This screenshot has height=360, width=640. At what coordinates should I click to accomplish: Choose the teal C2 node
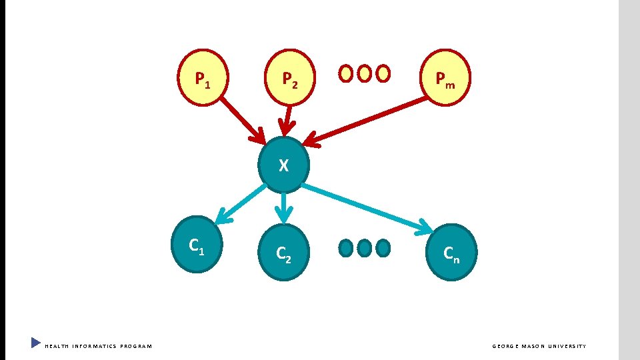(x=283, y=252)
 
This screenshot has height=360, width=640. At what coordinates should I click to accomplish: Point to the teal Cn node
(x=451, y=252)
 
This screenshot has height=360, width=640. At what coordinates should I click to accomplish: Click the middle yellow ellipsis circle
(x=365, y=73)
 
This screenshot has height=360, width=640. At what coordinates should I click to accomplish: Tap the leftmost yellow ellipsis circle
(x=346, y=73)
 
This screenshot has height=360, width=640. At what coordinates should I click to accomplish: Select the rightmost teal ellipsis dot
(x=383, y=248)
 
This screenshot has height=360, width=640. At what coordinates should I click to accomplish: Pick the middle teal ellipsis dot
(x=364, y=248)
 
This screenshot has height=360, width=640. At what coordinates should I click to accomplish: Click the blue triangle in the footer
(x=36, y=343)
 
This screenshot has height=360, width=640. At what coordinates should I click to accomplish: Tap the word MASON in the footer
(x=538, y=346)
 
